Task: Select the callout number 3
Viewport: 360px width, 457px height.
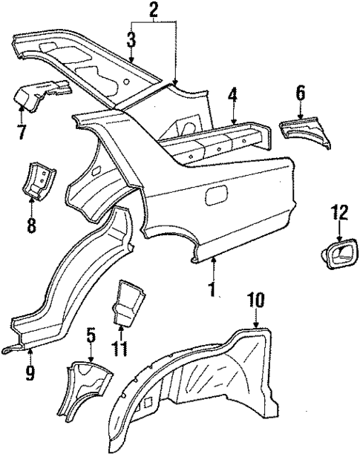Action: pos(131,38)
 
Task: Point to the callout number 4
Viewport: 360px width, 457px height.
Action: pos(233,95)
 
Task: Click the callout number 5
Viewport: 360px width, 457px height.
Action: pos(91,338)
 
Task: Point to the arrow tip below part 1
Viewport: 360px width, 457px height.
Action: pos(213,262)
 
